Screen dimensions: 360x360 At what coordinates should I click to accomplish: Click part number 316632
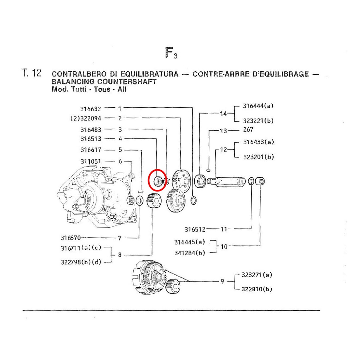91,109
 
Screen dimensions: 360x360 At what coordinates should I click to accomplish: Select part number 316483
91,130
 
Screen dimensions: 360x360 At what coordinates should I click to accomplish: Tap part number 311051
91,161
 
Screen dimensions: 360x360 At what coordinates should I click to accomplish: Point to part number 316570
70,238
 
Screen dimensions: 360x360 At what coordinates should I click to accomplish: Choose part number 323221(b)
258,121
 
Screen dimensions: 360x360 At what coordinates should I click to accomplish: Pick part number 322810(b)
257,289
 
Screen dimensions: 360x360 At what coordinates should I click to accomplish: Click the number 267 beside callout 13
248,130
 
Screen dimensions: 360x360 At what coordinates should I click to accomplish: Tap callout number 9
222,281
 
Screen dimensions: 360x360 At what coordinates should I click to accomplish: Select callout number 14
223,114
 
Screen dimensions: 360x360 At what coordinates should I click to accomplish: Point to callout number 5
120,150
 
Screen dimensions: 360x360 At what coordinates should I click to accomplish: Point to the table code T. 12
32,73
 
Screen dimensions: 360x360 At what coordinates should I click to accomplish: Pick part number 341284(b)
190,253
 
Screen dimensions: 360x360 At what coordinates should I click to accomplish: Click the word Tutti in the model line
79,89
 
